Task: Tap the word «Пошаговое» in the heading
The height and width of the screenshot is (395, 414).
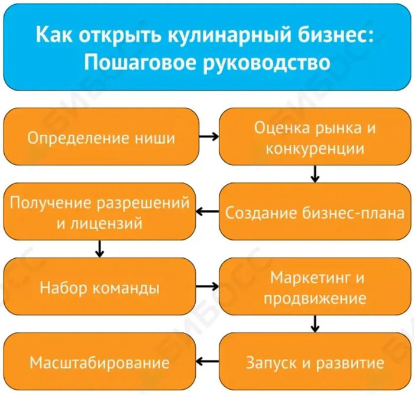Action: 141,62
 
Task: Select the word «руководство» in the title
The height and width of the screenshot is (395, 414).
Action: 267,63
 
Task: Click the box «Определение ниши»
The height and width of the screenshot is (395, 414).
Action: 101,136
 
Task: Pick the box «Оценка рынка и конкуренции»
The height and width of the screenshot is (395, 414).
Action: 315,136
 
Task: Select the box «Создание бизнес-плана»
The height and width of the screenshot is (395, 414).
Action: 315,211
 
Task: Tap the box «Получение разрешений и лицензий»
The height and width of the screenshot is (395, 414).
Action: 99,211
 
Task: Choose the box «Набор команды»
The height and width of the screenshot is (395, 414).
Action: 99,287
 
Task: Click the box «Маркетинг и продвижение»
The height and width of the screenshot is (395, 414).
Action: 315,287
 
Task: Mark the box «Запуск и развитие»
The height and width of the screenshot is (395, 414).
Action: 315,361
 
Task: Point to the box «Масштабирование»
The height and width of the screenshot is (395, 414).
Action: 99,361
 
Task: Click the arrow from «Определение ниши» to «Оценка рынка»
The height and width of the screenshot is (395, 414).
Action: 209,137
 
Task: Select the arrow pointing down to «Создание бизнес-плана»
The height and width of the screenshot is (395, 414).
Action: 315,174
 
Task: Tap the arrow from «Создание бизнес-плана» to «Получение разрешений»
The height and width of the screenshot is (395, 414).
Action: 208,211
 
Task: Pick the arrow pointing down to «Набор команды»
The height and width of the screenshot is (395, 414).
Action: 99,249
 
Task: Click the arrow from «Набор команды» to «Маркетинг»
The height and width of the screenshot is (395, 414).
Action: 208,287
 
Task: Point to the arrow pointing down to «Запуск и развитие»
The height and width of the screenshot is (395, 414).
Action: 315,324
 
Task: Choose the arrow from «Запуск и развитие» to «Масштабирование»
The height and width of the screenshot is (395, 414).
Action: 208,361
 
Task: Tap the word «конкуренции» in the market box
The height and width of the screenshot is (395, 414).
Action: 315,149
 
